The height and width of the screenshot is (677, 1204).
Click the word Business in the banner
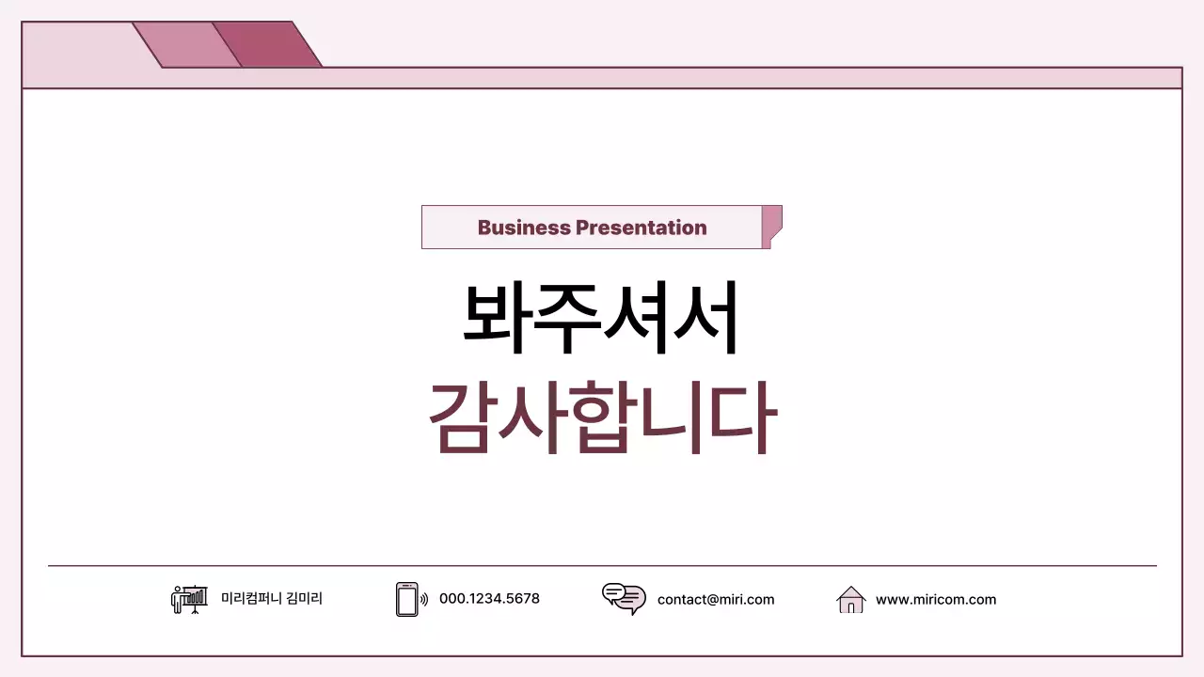524,228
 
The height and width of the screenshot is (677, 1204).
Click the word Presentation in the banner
641,228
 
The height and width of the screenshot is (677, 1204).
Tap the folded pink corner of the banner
771,227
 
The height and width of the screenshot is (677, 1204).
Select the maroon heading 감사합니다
602,418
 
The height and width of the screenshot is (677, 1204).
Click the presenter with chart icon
189,599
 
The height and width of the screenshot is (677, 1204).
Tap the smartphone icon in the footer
407,599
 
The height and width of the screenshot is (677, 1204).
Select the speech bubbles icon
624,598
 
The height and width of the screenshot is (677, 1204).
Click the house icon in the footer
850,599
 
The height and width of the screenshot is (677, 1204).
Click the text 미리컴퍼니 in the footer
250,599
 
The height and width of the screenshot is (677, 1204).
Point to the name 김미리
304,599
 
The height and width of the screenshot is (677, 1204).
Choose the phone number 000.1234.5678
489,599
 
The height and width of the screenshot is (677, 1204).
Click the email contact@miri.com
716,599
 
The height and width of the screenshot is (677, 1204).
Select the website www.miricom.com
935,599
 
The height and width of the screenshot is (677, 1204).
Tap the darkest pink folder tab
269,44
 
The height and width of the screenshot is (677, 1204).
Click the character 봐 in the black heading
497,319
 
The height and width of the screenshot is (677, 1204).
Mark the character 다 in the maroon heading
743,418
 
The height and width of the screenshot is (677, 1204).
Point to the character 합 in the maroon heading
602,418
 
